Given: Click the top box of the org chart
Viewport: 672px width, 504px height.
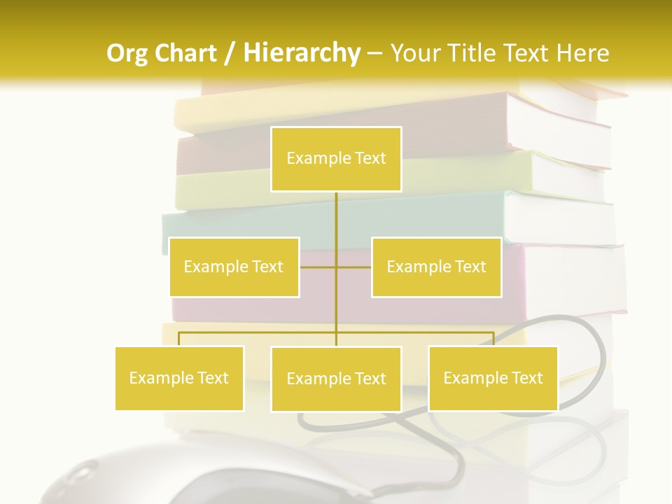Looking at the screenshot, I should pyautogui.click(x=336, y=159).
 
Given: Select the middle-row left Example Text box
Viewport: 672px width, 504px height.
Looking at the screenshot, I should pyautogui.click(x=234, y=267).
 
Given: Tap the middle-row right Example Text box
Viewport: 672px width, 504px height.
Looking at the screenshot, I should pyautogui.click(x=436, y=267).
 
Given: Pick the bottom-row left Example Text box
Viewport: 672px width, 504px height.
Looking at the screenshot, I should pyautogui.click(x=179, y=378).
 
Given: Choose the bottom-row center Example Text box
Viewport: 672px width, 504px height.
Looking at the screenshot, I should pyautogui.click(x=336, y=379).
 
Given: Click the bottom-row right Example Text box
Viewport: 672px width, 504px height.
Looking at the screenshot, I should pyautogui.click(x=493, y=378).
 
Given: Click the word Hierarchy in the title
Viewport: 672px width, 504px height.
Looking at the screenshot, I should pyautogui.click(x=302, y=52).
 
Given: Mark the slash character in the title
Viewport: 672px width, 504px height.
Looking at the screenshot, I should pyautogui.click(x=229, y=53).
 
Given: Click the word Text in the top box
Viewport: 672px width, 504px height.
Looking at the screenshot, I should pyautogui.click(x=370, y=158).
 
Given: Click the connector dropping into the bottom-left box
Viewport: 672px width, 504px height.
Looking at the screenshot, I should pyautogui.click(x=179, y=339).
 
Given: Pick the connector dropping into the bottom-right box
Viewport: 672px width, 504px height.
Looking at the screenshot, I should pyautogui.click(x=493, y=339).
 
